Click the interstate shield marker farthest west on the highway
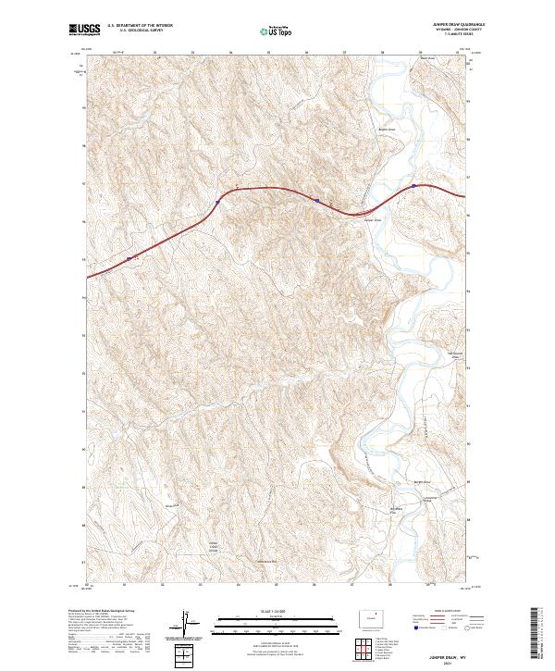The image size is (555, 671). pos(129,260)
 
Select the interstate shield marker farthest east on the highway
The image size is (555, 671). pos(413,185)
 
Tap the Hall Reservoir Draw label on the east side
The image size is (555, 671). pos(454,353)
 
